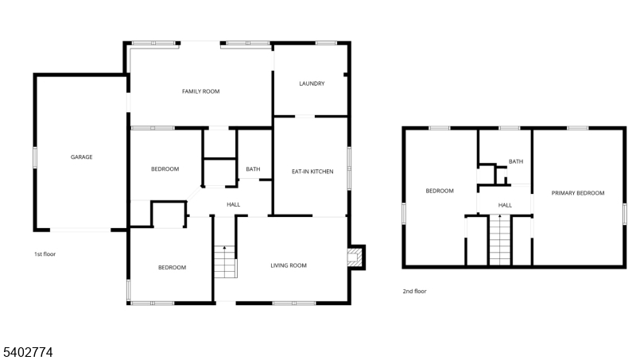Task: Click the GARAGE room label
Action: coord(82,157)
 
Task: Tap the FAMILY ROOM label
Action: coord(201,91)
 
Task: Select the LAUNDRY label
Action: coord(312,83)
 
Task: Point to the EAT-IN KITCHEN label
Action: coord(312,172)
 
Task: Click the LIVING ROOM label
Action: coord(289,265)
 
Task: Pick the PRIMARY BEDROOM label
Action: coord(578,193)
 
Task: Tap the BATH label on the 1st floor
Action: coord(253,169)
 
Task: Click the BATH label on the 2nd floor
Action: coord(516,161)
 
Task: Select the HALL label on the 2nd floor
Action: coord(505,205)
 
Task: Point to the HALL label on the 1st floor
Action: coord(234,205)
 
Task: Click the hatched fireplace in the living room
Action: coord(354,257)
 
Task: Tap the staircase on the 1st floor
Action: coord(225,262)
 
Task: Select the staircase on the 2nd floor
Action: coord(500,240)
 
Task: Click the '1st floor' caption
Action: coord(45,254)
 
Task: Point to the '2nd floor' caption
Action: coord(414,291)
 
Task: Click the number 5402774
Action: coord(28,352)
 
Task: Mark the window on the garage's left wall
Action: coord(35,157)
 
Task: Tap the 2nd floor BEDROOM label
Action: coord(440,191)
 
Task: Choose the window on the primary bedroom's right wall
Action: coord(625,213)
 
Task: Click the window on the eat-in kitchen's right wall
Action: coord(349,168)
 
